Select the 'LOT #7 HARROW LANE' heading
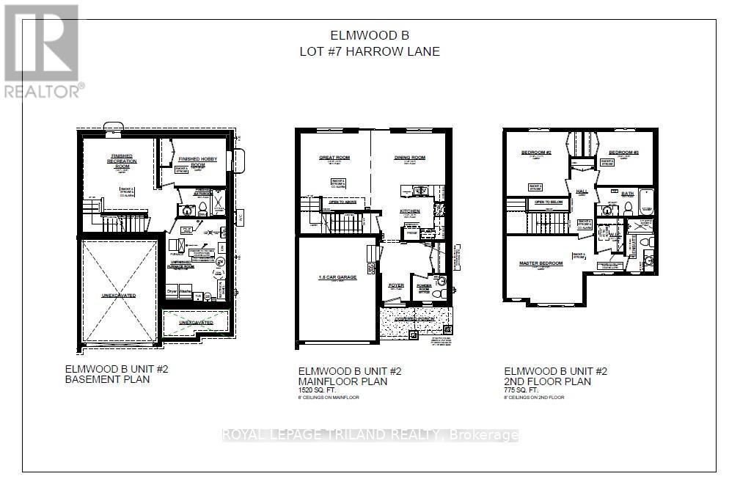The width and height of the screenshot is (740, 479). coord(369,51)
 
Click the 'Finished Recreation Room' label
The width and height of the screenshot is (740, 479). coord(121,161)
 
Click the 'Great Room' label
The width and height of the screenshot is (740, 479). coord(334,158)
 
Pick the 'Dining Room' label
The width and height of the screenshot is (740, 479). coord(410,158)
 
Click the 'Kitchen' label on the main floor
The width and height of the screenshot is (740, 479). coord(409,211)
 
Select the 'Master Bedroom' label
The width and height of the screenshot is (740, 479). coord(541,263)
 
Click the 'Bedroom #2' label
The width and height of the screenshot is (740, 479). coord(536,153)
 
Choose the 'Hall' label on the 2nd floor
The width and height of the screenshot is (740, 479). coord(582,191)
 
